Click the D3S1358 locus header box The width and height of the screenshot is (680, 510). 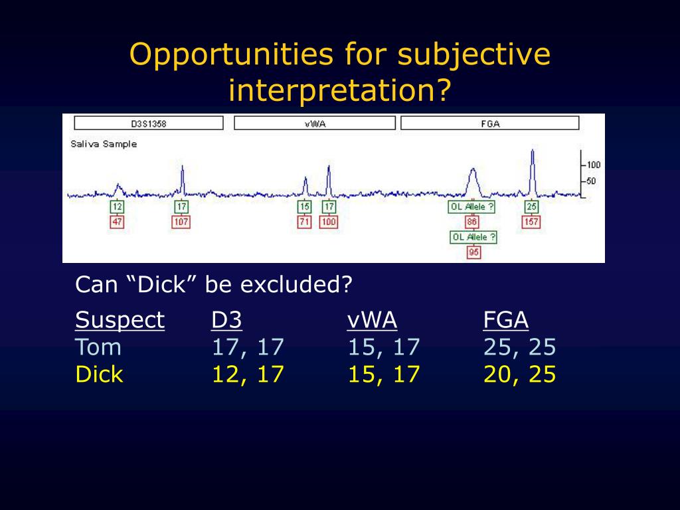[149, 123]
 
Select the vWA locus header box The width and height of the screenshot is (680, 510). [315, 123]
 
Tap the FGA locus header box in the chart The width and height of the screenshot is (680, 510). [490, 123]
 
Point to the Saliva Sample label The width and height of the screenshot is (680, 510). [104, 144]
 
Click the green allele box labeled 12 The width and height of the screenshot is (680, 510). [117, 207]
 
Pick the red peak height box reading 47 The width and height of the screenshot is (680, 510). [117, 222]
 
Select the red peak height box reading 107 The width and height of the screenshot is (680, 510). [181, 222]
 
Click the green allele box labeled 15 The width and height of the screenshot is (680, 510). [304, 207]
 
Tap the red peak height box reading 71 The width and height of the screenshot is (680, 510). [304, 222]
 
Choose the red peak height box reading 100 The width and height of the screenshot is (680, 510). [329, 222]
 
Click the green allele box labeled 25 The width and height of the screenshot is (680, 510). [532, 207]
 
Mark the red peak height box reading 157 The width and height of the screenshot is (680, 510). [531, 222]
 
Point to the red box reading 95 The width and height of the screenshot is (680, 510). [473, 252]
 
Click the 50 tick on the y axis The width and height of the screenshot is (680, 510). [590, 181]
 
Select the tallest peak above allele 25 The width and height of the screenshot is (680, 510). [533, 172]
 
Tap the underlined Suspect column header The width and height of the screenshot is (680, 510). [120, 321]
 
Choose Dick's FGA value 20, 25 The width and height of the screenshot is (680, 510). [519, 375]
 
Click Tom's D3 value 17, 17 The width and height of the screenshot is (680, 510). [248, 347]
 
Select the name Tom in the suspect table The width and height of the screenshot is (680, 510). [98, 347]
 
